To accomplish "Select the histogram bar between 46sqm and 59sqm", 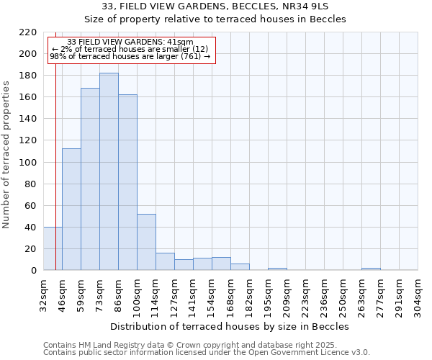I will click(71, 209).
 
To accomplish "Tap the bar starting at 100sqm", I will click(146, 242).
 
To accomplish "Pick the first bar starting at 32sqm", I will click(53, 248).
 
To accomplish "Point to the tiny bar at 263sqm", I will click(371, 269).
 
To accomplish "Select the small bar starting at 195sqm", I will click(277, 269).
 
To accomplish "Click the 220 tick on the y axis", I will click(28, 32).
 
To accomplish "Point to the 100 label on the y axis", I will click(28, 163).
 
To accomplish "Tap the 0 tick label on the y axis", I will click(34, 271).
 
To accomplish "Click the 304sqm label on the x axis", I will click(418, 295).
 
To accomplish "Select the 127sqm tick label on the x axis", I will click(174, 295).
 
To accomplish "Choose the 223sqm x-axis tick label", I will click(305, 295).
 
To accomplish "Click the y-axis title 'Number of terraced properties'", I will click(7, 155).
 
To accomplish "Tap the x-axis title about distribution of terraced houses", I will click(230, 326).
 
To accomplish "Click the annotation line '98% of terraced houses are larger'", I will click(130, 56).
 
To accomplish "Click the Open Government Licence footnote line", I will click(207, 353).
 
